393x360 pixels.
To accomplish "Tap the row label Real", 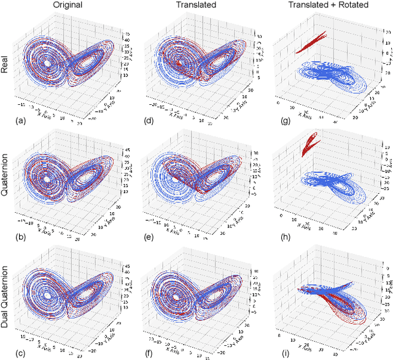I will click(6, 64).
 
